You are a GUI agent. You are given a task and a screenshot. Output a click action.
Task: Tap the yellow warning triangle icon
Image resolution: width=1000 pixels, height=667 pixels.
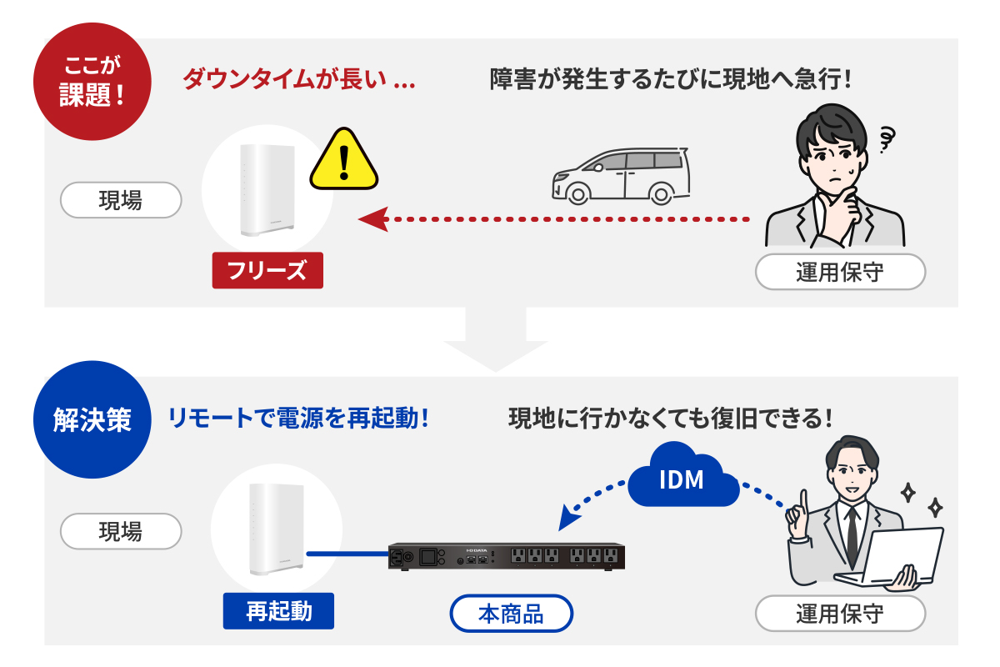pyautogui.click(x=343, y=160)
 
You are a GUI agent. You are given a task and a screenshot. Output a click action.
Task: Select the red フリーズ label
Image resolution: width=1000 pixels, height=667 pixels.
pyautogui.click(x=267, y=271)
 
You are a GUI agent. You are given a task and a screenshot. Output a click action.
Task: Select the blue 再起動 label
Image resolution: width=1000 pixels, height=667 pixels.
pyautogui.click(x=278, y=610)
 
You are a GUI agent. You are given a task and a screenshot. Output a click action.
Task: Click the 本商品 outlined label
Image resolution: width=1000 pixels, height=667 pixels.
pyautogui.click(x=511, y=614)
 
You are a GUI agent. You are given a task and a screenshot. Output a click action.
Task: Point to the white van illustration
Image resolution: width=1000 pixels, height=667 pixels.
pyautogui.click(x=621, y=176)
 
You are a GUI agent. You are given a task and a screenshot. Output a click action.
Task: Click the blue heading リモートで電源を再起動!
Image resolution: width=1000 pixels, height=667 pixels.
pyautogui.click(x=298, y=418)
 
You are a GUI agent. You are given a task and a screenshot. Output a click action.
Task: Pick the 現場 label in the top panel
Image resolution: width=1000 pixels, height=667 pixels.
pyautogui.click(x=121, y=200)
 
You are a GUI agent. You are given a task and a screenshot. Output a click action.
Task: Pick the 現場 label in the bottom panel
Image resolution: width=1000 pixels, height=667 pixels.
pyautogui.click(x=121, y=531)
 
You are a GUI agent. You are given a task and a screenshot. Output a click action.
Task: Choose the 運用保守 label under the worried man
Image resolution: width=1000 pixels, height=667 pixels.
pyautogui.click(x=839, y=272)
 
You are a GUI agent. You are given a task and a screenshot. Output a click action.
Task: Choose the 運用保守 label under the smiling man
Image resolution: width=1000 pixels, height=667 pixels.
pyautogui.click(x=839, y=614)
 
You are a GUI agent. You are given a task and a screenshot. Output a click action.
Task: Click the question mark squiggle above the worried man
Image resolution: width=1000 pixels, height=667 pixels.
pyautogui.click(x=887, y=138)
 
